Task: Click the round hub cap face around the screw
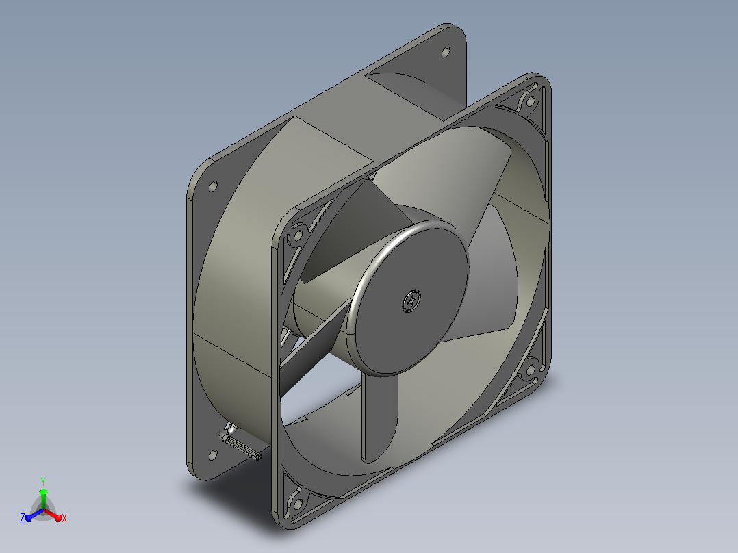(409, 301)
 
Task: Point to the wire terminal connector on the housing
(240, 442)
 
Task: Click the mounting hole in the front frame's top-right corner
(531, 101)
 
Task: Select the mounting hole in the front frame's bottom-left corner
(297, 504)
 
